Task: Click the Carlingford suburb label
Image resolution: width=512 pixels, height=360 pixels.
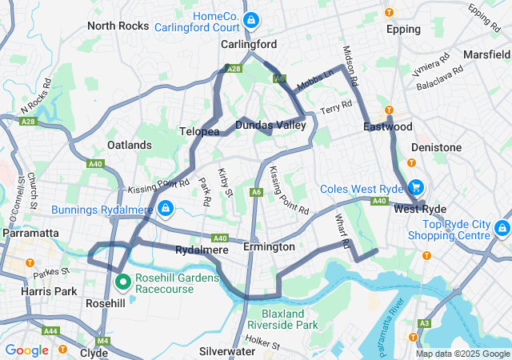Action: coord(249,44)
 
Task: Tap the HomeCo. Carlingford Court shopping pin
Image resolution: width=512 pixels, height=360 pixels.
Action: coord(251,18)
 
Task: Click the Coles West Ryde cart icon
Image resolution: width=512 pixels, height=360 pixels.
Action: coord(415,188)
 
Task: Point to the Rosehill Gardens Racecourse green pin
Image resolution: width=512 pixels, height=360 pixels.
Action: coord(123,282)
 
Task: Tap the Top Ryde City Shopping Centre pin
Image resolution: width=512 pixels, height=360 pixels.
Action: coord(502,228)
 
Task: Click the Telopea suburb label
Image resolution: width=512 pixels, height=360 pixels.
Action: coord(199,130)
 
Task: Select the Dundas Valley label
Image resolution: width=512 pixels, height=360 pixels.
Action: coord(270,125)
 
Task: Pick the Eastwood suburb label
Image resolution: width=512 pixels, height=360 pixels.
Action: coord(387,127)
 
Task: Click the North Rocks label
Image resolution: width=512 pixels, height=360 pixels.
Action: coord(118,26)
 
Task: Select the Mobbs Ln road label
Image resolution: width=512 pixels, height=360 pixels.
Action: coord(315,79)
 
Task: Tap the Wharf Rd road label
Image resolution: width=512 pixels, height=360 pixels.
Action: coord(343,230)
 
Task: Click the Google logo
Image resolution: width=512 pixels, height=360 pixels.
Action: coord(26,350)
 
